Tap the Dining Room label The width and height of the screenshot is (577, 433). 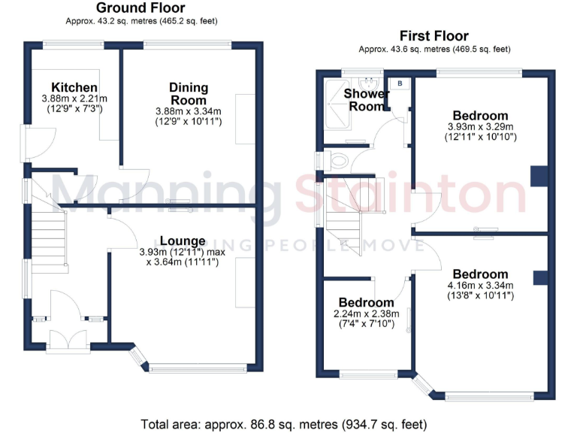188,93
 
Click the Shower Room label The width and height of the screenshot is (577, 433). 366,99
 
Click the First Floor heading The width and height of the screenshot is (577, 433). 434,35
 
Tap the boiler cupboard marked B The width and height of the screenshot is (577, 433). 400,83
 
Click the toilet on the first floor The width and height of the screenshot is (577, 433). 337,159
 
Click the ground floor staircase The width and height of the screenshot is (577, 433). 49,237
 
